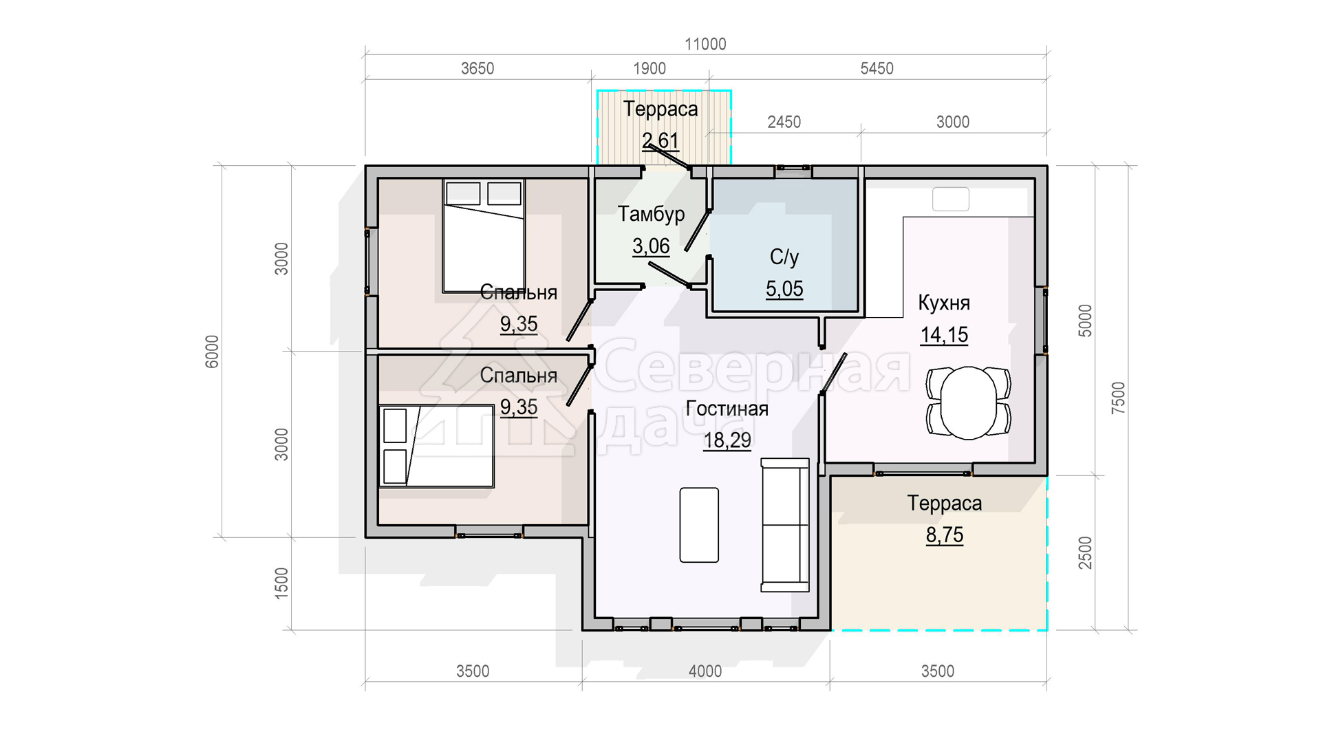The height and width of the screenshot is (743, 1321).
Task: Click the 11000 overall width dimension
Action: tap(705, 44)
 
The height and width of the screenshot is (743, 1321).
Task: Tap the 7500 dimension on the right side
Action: tap(1119, 398)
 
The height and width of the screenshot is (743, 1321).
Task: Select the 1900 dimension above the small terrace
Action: tap(649, 69)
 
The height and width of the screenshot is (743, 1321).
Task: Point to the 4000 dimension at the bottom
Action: tap(705, 671)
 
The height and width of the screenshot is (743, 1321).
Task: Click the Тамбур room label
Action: tap(651, 214)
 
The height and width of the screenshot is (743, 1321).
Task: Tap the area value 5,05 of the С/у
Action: tap(784, 289)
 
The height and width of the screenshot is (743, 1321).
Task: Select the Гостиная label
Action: tap(727, 409)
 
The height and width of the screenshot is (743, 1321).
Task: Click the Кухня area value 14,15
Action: tap(944, 335)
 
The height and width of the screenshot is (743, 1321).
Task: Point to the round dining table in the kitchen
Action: tap(969, 403)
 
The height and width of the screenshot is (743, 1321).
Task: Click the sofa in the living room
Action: tap(785, 525)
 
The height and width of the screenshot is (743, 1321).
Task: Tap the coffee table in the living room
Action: tap(699, 525)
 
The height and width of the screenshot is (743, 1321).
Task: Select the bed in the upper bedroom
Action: tap(484, 236)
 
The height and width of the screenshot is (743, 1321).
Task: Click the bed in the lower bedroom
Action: tap(436, 446)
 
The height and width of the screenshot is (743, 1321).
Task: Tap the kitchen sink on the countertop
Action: tap(951, 200)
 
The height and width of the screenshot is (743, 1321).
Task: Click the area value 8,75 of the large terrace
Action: tap(945, 535)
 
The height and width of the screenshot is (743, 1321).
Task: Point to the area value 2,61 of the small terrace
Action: tap(660, 140)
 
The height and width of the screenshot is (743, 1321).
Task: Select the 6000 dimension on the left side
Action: tap(212, 352)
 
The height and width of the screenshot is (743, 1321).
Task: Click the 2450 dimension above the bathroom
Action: tap(784, 122)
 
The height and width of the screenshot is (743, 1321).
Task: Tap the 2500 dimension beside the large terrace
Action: tap(1085, 553)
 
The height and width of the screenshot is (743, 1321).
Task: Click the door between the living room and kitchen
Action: tap(833, 374)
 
